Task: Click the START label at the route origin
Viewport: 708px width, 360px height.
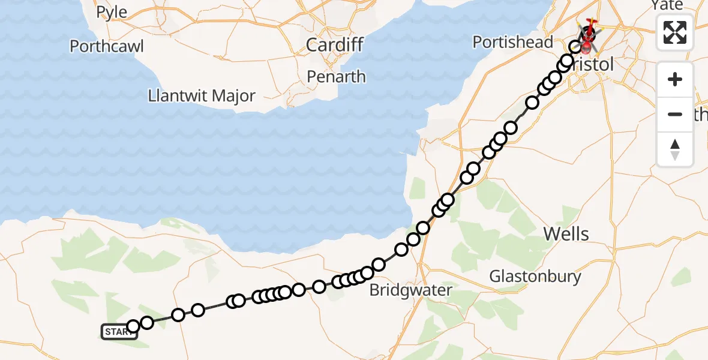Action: click(119, 332)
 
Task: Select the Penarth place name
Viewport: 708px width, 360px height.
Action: click(336, 77)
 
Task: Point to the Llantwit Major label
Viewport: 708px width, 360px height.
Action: click(202, 96)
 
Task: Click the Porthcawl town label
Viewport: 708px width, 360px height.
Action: click(107, 46)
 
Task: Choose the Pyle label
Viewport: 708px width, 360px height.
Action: click(112, 12)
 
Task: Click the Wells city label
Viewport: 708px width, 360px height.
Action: click(566, 234)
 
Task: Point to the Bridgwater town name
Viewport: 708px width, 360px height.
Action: click(410, 290)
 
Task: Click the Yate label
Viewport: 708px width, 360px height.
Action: click(667, 5)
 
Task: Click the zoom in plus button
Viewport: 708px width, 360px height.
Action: click(675, 80)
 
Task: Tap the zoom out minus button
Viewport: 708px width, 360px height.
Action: click(675, 114)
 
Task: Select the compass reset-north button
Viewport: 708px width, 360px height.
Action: click(675, 149)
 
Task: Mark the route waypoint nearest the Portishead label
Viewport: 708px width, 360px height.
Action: click(575, 47)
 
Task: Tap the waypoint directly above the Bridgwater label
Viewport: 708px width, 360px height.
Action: click(401, 250)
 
